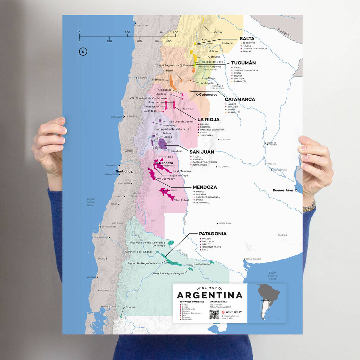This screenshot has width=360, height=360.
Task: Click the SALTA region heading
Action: point(247,39)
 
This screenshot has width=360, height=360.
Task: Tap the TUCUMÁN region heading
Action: point(243,63)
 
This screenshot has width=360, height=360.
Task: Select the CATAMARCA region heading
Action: point(240,99)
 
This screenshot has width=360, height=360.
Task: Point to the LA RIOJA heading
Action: point(208,119)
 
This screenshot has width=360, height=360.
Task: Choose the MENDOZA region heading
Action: point(205,187)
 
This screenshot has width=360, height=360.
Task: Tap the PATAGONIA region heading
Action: point(213,234)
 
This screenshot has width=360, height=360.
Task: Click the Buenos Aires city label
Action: point(283,190)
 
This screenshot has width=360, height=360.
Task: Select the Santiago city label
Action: point(123,171)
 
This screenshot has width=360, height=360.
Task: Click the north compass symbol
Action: point(82,52)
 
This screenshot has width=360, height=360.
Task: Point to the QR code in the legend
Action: point(214,314)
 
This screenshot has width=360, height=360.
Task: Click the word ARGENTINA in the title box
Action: point(209,295)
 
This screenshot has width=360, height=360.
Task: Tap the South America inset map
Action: point(266,303)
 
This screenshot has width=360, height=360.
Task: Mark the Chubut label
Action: point(130,307)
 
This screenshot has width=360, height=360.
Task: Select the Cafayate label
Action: point(214,57)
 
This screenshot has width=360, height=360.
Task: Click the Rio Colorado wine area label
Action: point(202,264)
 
